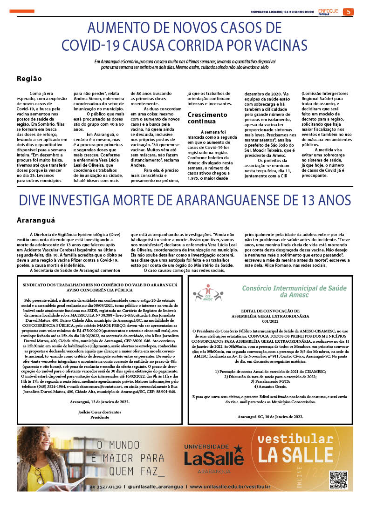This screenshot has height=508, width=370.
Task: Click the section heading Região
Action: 29,79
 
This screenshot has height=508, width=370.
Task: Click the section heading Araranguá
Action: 36,219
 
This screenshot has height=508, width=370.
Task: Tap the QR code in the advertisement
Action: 339,481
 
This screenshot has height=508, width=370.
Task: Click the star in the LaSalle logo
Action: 238,449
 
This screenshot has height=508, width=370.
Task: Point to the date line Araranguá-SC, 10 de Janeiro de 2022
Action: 270,416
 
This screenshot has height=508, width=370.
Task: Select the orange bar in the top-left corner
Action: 22,11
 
